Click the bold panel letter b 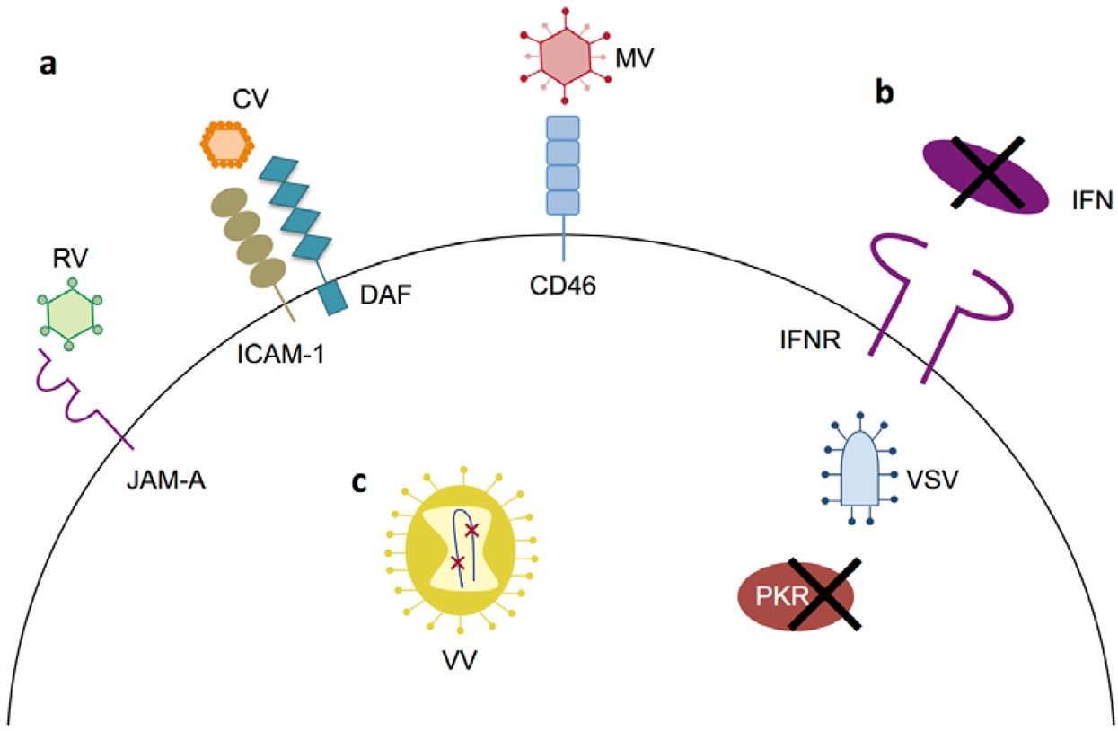tap(885, 93)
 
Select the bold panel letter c tap(359, 482)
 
